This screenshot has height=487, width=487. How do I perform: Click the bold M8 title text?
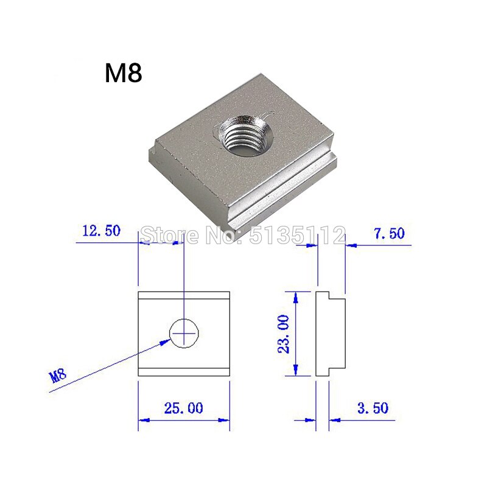tap(123, 74)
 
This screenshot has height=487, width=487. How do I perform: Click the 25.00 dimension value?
tap(183, 408)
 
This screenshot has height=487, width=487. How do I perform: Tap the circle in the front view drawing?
tap(184, 332)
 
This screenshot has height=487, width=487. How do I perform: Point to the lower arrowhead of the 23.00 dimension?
tap(296, 370)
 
